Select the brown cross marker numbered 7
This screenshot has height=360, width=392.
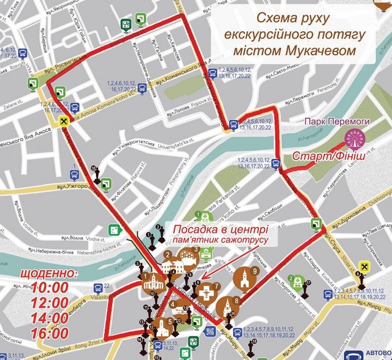[x=206, y=293]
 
